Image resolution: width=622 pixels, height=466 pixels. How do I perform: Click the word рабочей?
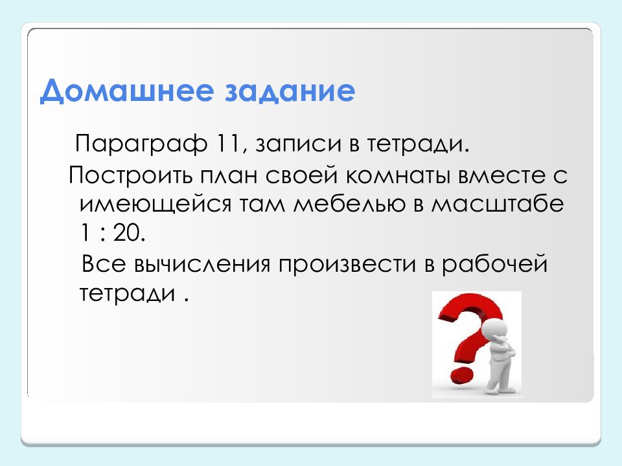(x=494, y=265)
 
